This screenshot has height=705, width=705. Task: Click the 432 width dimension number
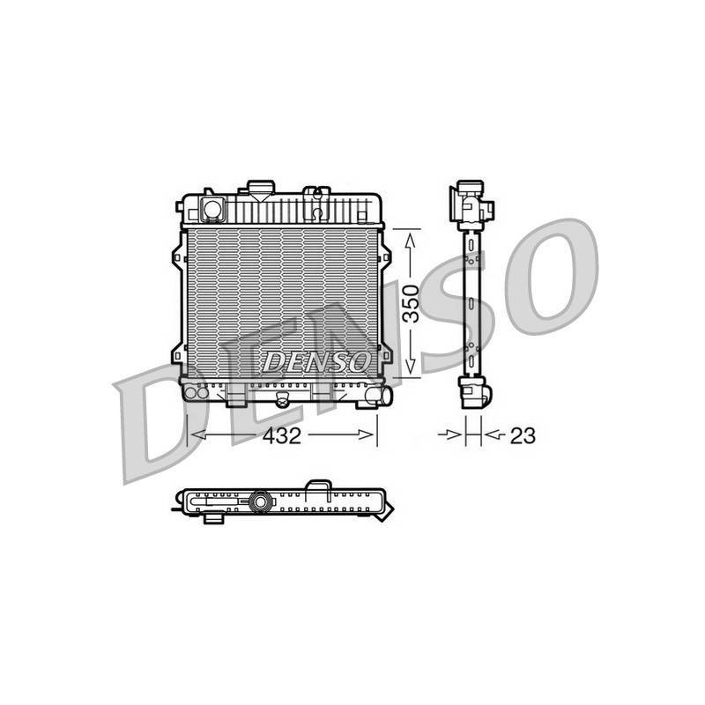coord(282,435)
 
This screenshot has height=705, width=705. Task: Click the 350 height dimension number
coord(411,304)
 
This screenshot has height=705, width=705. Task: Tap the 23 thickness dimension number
coord(523,435)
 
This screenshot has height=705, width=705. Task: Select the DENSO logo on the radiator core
coord(316,361)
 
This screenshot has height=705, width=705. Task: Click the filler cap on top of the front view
coord(261,189)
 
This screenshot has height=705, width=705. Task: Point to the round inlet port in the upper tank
coord(212,209)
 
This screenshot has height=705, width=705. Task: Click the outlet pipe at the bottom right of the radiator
coord(379,395)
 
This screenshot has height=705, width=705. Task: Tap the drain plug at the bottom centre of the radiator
coord(282,399)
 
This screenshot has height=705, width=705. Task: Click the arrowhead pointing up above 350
coord(411,240)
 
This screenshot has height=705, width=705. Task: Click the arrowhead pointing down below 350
coord(411,367)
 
